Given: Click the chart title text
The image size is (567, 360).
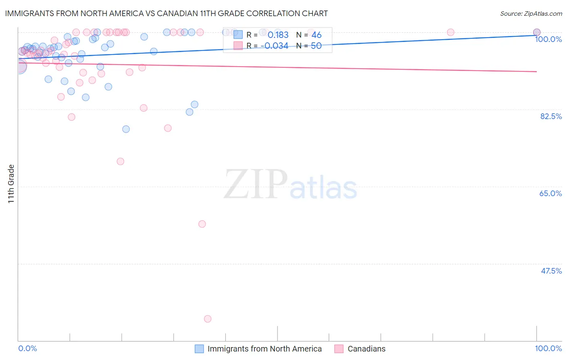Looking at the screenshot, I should (166, 13).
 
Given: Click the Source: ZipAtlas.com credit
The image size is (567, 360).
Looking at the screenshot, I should (531, 13).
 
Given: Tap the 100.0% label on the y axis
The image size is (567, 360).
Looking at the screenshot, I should (548, 39).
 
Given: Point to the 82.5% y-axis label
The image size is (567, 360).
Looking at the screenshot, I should (551, 116).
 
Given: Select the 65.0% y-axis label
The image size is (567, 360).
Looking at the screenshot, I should (550, 193).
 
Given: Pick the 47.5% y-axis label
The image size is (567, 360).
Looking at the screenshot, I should (551, 271).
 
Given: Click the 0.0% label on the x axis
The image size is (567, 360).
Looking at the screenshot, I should (27, 348).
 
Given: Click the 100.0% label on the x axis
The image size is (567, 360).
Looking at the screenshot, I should (548, 348).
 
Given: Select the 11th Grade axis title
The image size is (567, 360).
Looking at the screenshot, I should (11, 184).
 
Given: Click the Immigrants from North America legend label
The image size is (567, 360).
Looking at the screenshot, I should (265, 349).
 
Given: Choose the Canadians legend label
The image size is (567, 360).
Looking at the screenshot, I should (366, 349).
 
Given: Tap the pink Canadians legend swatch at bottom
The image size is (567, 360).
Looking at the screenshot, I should (339, 349).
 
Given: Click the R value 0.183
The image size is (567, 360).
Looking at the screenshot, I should (278, 35).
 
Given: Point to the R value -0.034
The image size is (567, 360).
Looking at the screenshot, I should (274, 46).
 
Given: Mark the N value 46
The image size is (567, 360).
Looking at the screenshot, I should (317, 35).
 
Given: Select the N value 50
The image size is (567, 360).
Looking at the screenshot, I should (316, 46).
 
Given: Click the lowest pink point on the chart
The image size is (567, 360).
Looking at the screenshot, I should (208, 319).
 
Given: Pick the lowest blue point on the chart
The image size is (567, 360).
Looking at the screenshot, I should (126, 129).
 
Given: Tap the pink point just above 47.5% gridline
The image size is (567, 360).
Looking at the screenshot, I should (202, 224).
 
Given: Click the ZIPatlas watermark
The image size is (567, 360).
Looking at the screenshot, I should (290, 185).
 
